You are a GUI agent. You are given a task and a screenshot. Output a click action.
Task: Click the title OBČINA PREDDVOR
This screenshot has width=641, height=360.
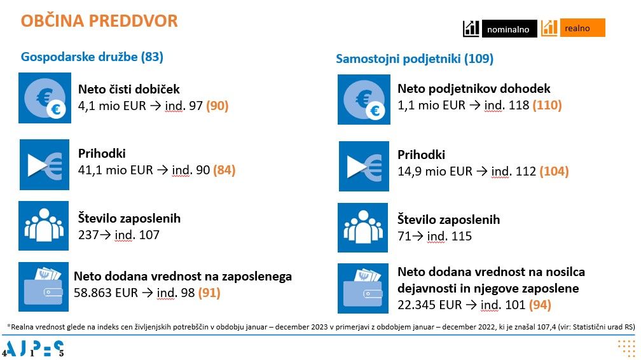[99, 21]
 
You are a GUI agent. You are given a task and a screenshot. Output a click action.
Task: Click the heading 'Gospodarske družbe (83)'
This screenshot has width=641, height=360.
[92, 57]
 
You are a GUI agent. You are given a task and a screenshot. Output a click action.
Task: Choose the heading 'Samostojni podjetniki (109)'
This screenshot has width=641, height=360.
[415, 59]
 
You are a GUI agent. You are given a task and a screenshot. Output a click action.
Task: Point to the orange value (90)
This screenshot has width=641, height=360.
[217, 106]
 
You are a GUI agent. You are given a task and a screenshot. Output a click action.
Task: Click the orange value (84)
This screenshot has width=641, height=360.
[224, 170]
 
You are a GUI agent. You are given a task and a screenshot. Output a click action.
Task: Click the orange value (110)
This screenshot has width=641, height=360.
[547, 106]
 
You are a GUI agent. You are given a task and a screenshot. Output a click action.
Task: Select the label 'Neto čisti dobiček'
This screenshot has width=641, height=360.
[129, 90]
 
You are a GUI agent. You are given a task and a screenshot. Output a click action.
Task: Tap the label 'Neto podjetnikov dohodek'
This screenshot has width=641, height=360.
[474, 89]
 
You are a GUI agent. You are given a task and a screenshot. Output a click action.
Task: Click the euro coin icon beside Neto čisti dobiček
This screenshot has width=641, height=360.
[44, 98]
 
